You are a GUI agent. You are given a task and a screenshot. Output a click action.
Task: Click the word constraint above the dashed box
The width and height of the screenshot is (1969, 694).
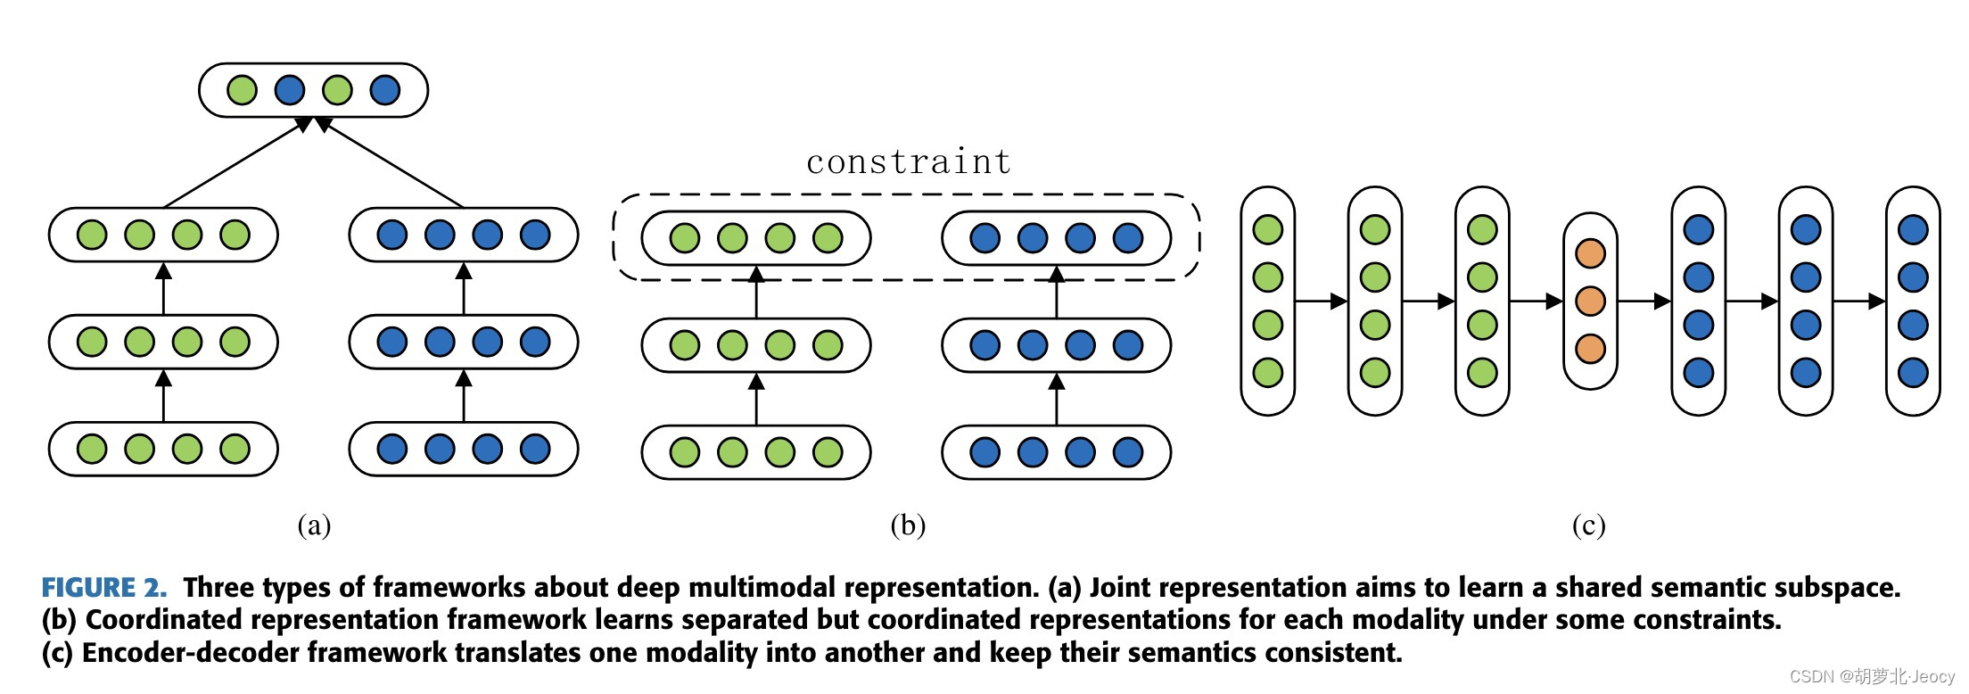click(908, 162)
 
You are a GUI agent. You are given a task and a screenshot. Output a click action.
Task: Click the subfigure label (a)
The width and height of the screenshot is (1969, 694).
click(314, 525)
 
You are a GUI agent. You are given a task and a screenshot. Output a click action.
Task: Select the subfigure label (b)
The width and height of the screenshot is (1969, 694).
click(908, 525)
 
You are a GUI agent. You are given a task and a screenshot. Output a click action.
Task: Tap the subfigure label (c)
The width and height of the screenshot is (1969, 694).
click(1588, 525)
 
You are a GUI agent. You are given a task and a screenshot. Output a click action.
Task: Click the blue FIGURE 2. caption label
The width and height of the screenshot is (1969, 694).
click(104, 588)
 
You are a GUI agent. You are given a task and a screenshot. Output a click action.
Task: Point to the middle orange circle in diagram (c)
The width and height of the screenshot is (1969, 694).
click(1590, 302)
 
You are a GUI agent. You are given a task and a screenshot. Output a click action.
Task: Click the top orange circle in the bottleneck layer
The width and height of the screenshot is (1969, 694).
click(1590, 253)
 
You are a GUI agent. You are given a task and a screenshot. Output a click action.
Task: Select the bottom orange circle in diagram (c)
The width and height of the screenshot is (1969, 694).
click(1590, 349)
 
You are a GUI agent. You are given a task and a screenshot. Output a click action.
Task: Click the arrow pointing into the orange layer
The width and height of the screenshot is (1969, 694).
click(1536, 302)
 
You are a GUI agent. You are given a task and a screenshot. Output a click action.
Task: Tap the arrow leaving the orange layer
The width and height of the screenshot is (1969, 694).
click(1644, 302)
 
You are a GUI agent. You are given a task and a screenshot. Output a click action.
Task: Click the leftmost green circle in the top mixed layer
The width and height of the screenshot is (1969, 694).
click(242, 90)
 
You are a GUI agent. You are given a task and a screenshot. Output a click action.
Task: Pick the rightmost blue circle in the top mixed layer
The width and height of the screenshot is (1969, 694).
click(384, 90)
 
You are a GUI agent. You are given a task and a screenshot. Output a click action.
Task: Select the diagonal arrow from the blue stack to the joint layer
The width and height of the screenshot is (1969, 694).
click(390, 166)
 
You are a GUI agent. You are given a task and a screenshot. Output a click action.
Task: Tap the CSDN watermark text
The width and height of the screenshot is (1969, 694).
click(1871, 677)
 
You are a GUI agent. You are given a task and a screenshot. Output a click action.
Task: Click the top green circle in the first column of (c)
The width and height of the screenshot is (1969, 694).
click(1267, 229)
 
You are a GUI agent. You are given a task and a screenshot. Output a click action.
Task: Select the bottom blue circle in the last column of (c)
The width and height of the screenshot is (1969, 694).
click(1913, 373)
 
